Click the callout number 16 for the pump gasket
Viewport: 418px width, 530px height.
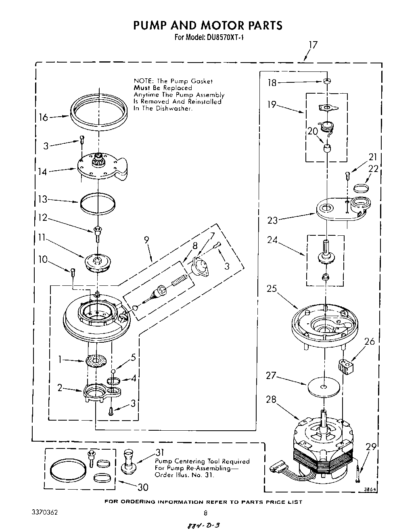[x=43, y=117]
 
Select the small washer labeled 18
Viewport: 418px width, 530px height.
[x=327, y=81]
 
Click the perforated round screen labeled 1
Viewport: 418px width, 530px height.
[x=98, y=360]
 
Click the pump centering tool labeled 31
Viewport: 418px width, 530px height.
[x=130, y=461]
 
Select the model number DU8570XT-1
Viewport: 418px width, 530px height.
[x=222, y=38]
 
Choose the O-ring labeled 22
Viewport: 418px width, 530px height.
[x=360, y=187]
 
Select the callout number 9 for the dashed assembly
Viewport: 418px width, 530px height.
[x=146, y=240]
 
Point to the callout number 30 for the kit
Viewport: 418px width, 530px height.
[x=142, y=487]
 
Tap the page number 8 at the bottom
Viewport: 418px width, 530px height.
[x=205, y=513]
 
